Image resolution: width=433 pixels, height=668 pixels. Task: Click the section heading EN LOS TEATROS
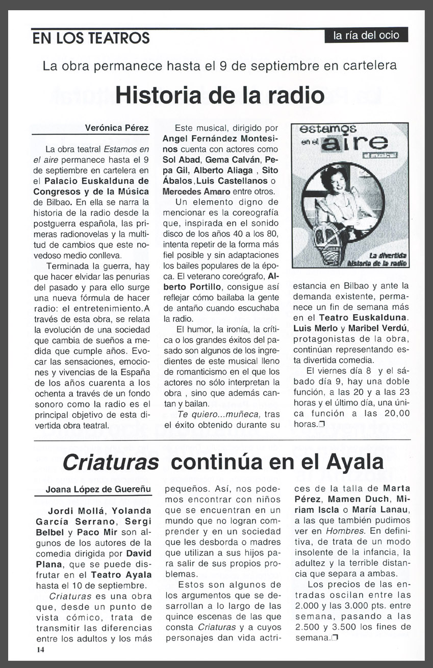[x=91, y=38]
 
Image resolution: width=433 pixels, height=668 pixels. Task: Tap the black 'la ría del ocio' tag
[x=366, y=35]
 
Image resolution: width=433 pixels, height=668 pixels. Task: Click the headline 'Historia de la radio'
[x=220, y=94]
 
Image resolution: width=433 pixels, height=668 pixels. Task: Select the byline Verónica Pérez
[x=117, y=128]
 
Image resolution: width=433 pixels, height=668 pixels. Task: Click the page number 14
[x=40, y=650]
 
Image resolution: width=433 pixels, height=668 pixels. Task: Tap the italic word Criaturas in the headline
[x=110, y=463]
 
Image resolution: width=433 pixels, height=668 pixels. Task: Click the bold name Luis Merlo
[x=313, y=328]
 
